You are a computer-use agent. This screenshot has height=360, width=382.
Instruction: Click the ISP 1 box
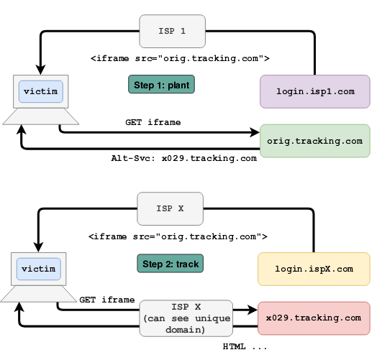[x=172, y=31]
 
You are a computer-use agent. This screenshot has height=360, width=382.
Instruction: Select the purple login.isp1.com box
[x=315, y=91]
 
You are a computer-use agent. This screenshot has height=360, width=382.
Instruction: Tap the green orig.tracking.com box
[x=315, y=141]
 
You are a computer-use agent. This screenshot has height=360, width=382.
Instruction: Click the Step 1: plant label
[x=162, y=84]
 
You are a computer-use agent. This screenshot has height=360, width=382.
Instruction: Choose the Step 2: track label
[x=170, y=264]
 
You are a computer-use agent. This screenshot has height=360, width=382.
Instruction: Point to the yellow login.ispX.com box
[x=314, y=269]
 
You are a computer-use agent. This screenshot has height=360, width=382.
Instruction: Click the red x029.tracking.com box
[x=314, y=318]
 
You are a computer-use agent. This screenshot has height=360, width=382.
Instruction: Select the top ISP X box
[x=170, y=208]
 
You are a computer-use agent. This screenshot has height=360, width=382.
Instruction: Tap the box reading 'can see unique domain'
[x=186, y=318]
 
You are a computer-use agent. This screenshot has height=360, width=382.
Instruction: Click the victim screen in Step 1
[x=41, y=91]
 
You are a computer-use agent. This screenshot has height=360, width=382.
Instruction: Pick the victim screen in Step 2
[x=39, y=269]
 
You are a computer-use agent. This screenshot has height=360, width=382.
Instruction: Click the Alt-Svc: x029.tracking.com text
[x=184, y=159]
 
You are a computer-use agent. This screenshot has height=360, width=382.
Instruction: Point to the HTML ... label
[x=245, y=346]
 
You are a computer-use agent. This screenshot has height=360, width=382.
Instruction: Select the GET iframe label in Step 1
[x=153, y=122]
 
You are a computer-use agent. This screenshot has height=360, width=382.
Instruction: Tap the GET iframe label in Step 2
[x=107, y=300]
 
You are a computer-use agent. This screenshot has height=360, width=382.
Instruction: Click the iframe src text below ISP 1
[x=180, y=58]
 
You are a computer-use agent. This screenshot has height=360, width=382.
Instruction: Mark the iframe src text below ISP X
[x=178, y=236]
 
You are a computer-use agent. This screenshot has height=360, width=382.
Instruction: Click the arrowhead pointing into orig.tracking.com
[x=255, y=132]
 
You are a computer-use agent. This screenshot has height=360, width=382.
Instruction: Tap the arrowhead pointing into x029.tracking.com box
[x=253, y=310]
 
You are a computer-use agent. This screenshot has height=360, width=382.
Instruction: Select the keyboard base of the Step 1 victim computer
[x=41, y=116]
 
